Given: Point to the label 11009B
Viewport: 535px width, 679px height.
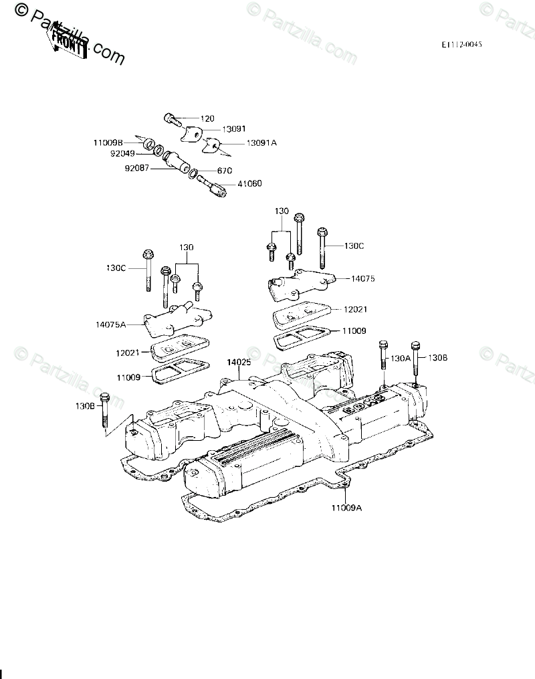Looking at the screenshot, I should click(107, 142).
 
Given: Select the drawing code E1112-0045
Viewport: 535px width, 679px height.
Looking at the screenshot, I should click(461, 44).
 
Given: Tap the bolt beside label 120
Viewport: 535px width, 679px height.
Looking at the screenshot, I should click(172, 120).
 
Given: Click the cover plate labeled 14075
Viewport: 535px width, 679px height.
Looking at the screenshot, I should click(298, 284).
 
